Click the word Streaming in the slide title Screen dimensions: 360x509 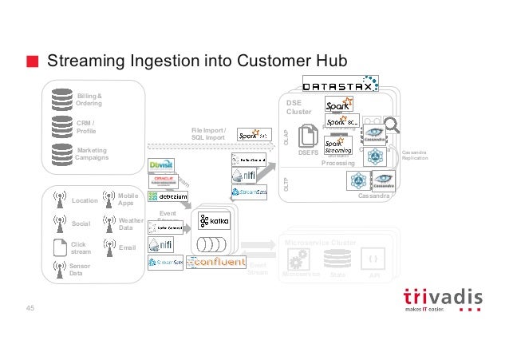[x=84, y=61]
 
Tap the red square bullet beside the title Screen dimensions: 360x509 [x=31, y=62]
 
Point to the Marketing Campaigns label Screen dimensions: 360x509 [x=92, y=153]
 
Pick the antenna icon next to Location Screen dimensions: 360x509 [x=57, y=199]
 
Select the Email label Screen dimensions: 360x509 [x=126, y=248]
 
